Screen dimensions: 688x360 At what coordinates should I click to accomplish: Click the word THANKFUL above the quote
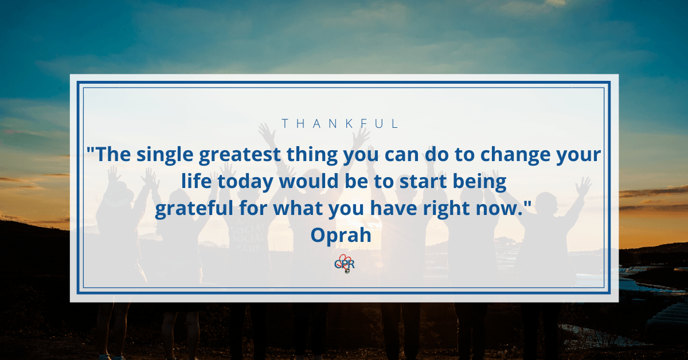point(340,123)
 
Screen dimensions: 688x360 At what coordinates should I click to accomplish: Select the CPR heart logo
point(345,264)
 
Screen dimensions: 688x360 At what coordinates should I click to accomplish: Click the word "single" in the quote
point(165,155)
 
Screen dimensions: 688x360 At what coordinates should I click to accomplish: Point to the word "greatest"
point(240,155)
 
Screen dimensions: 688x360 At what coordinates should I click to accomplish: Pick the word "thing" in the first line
point(312,155)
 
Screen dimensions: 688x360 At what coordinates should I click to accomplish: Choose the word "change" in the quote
point(515,155)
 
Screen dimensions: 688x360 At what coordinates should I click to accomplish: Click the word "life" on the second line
point(196,181)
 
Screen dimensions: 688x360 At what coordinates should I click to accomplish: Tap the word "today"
point(245,182)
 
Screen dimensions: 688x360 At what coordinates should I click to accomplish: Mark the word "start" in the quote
point(423,181)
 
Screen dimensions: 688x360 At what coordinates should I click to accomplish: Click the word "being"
point(479,182)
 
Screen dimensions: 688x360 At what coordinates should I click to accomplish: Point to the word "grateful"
point(194,209)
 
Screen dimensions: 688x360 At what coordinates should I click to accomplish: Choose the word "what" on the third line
point(298,208)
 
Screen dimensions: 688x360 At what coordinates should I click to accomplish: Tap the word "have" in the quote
point(393,208)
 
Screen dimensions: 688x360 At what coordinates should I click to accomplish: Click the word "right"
point(446,209)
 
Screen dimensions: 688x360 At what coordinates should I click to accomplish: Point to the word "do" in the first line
point(437,154)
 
